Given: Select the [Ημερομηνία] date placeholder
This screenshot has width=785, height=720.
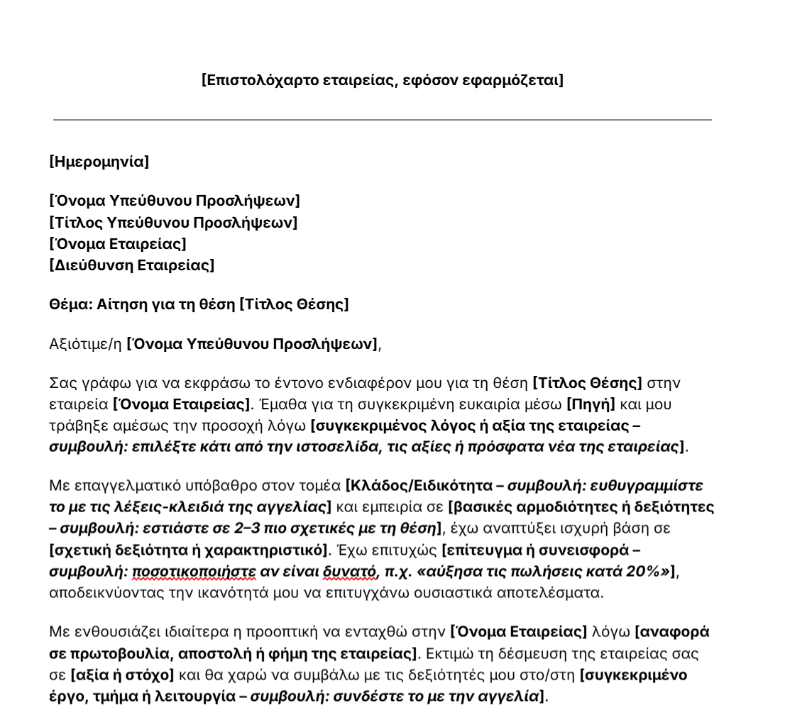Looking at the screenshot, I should [99, 162].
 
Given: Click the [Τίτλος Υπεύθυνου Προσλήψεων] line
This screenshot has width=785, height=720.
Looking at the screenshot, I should [173, 223].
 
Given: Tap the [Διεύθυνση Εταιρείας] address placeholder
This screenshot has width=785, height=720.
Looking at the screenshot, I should [131, 265].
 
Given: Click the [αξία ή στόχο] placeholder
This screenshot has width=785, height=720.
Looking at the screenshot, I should [121, 675].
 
